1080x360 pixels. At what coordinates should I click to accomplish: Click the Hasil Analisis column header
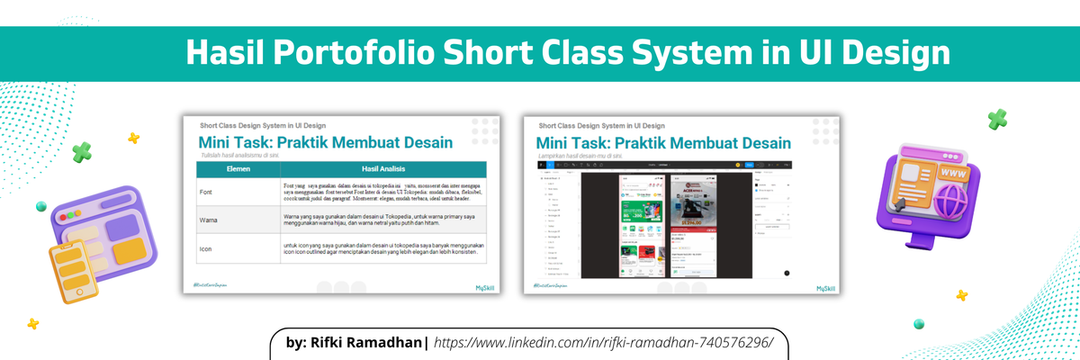[383, 168]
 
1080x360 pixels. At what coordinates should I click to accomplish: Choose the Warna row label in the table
[210, 219]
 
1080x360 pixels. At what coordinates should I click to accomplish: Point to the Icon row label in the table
[206, 248]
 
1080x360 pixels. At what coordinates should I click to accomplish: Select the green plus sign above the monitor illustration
[996, 119]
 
